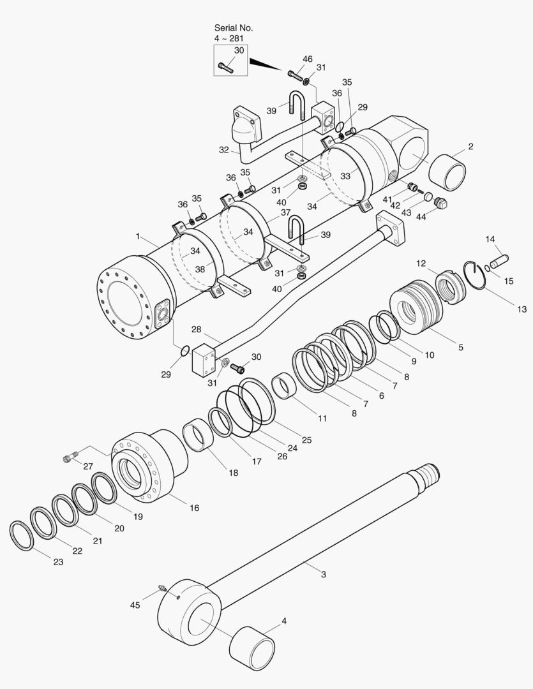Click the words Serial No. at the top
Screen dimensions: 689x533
(x=234, y=28)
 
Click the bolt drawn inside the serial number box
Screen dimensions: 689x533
(x=226, y=65)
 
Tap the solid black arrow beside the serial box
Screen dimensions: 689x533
(x=266, y=64)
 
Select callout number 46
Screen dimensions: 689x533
(x=308, y=59)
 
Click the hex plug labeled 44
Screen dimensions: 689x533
(x=439, y=204)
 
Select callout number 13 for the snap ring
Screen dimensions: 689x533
(x=522, y=309)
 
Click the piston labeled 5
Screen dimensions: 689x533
(x=415, y=306)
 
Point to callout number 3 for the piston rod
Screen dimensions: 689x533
(x=324, y=574)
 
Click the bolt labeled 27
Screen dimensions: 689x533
(x=70, y=457)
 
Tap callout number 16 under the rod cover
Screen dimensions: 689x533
(x=194, y=508)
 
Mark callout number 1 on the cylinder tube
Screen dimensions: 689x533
(x=137, y=237)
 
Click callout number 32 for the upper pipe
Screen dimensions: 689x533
(x=223, y=150)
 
